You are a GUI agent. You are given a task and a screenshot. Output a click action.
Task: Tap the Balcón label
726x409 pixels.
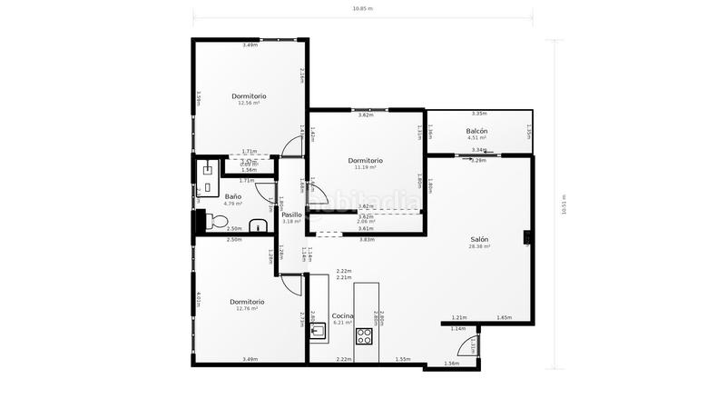[477, 131]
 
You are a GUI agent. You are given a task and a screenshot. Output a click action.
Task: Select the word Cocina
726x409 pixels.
[342, 315]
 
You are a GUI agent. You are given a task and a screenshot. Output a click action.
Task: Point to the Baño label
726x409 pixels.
[233, 196]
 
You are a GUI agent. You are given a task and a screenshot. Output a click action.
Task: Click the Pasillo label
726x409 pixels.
[291, 214]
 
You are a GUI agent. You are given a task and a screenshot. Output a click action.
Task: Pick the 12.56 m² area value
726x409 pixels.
[249, 103]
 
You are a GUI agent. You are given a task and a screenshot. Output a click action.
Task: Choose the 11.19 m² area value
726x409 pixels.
[366, 167]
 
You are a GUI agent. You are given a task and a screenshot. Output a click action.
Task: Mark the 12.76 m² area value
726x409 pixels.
[247, 308]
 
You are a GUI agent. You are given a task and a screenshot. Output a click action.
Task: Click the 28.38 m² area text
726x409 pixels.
[479, 246]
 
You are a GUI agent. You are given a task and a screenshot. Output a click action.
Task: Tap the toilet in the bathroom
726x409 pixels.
[217, 221]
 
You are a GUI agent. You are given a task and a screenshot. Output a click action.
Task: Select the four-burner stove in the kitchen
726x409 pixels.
[365, 335]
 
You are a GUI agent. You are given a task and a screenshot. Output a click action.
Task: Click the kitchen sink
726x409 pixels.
[318, 330]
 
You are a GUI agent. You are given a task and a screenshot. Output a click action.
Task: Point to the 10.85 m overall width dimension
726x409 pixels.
[363, 8]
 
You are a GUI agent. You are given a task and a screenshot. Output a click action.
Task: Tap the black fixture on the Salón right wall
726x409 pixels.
[526, 238]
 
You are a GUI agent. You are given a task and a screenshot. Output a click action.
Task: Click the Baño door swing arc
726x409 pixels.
[264, 190]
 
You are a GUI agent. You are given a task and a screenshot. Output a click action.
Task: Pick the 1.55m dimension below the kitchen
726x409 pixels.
[403, 359]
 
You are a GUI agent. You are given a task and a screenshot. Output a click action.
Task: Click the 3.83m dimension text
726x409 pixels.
[367, 239]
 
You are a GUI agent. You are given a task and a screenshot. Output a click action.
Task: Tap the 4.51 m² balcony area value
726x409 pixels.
[477, 138]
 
